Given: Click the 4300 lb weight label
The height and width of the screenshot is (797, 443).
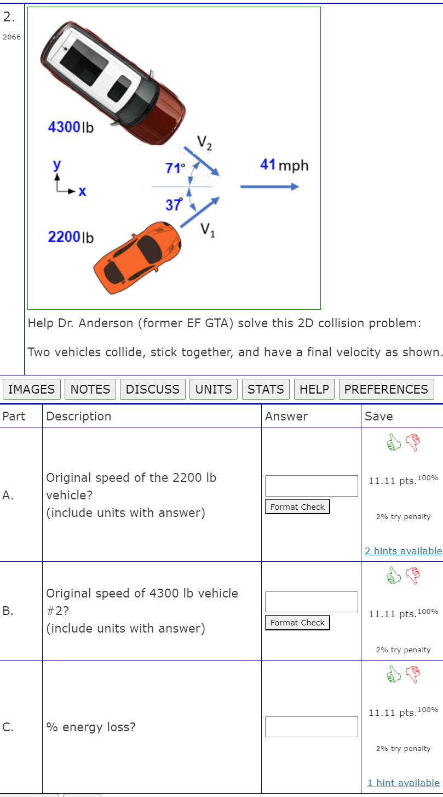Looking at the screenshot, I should [x=71, y=128].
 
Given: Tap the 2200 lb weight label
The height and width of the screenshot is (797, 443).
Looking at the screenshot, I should [x=71, y=237].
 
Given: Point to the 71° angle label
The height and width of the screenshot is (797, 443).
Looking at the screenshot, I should [x=175, y=168].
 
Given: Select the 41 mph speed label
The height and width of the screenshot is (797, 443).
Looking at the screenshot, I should [x=284, y=165].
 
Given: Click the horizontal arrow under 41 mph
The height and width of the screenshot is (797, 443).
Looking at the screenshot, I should [x=269, y=187].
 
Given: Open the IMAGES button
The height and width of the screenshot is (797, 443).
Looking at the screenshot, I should [x=32, y=389].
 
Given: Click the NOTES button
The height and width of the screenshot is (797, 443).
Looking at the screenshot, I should [x=90, y=389].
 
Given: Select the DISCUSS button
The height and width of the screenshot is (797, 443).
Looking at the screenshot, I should [x=153, y=389].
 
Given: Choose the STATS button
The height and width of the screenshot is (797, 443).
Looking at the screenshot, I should [x=266, y=389].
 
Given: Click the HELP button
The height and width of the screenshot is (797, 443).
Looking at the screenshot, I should [x=314, y=389].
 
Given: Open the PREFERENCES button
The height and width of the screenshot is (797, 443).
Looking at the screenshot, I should [x=386, y=389].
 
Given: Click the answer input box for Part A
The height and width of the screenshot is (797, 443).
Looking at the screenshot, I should [x=311, y=486].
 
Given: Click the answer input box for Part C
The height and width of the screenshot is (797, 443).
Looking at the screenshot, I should [x=311, y=727].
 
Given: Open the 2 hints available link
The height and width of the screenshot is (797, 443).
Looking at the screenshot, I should [x=403, y=551].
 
